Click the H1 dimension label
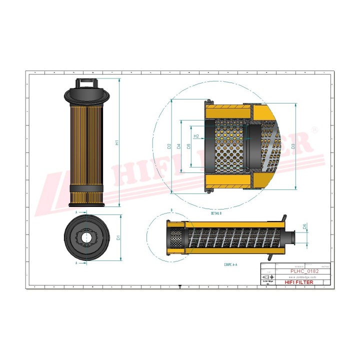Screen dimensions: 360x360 coord(117,142)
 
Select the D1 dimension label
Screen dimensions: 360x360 coord(117,237)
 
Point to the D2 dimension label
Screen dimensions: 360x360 coord(169,146)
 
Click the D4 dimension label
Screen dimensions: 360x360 coord(178,146)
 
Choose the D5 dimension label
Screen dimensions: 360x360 coord(188,146)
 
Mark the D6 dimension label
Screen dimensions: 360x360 coord(305,226)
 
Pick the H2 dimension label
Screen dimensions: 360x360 coord(196,136)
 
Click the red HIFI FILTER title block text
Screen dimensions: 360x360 coord(300,282)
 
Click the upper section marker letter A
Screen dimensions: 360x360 coord(76,212)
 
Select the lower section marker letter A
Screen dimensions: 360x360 coord(76,262)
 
